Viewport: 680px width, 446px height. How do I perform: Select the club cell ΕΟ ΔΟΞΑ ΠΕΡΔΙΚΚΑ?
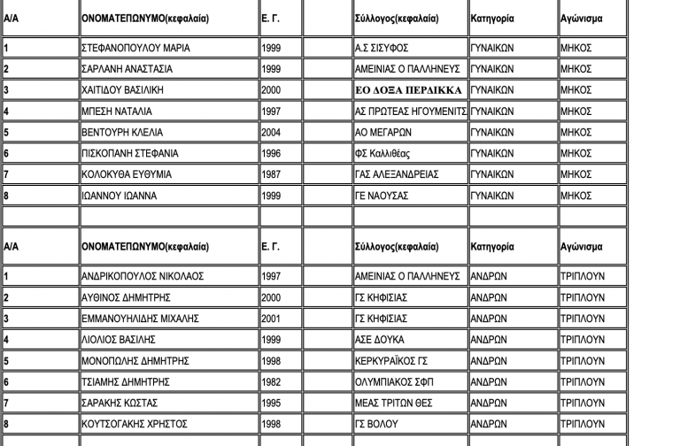pos(408,90)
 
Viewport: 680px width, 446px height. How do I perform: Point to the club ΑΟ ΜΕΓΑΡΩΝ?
pos(385,133)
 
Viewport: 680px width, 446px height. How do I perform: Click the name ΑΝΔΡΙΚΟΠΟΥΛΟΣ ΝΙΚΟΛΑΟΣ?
pos(142,276)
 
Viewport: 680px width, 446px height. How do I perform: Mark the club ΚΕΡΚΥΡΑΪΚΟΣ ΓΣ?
pos(392,361)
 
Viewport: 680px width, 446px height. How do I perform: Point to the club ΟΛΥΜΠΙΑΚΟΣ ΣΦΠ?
pos(394,382)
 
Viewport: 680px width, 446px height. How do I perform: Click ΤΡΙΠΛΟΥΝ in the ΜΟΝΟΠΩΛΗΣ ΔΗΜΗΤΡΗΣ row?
pos(583,361)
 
